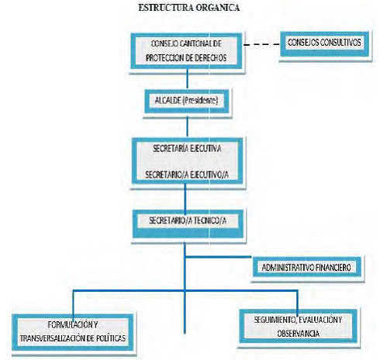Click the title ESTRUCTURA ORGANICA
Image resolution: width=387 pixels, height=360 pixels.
pos(189,8)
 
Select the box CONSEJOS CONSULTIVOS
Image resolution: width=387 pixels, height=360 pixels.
pos(325,44)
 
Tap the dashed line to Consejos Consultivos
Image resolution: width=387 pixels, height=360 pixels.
pos(261,44)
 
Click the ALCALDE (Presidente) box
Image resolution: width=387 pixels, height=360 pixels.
pos(187,102)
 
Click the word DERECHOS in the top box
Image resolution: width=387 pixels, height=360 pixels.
pos(210,58)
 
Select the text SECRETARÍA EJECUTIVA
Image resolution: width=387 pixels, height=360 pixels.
pos(187,148)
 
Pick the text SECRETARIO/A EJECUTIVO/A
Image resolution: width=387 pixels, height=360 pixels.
pos(187,175)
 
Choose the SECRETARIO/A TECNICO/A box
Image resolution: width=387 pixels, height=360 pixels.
pos(188,223)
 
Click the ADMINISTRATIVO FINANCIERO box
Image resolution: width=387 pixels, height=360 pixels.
pos(306,267)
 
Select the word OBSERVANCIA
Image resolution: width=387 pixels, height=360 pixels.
pos(299,334)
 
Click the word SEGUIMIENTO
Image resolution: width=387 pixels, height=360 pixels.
pos(275,320)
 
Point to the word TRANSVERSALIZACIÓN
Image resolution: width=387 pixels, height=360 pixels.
pos(55,338)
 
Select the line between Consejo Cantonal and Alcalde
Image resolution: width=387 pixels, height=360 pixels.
pos(188,78)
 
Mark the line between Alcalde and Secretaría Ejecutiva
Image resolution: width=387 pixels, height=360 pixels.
pos(188,126)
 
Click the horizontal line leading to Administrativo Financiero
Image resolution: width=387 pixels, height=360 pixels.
pos(219,257)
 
